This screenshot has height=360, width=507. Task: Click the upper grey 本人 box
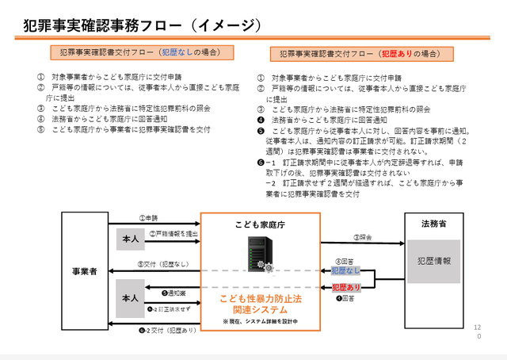[x=130, y=239]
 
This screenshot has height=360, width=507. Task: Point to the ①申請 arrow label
[x=150, y=216]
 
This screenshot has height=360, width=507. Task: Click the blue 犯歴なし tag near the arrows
[x=345, y=270]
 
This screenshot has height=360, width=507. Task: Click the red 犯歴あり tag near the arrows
[x=345, y=286]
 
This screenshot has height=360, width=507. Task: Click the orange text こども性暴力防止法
[x=261, y=297]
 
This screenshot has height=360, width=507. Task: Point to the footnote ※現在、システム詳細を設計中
[x=261, y=320]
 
